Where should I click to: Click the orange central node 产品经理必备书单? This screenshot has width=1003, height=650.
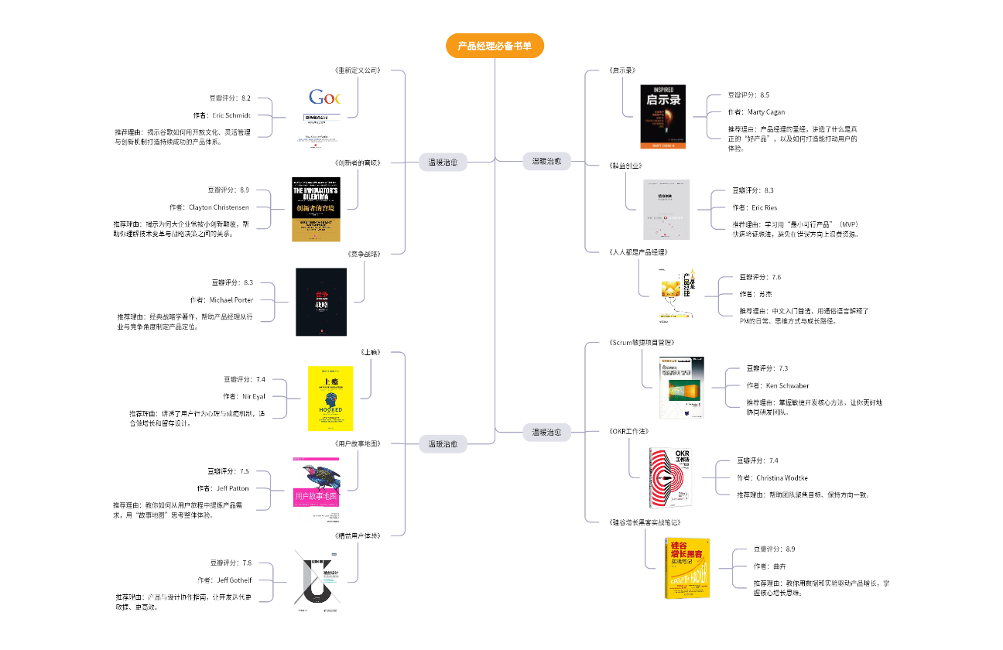point(495,46)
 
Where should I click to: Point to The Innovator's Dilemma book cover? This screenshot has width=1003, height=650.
point(316,209)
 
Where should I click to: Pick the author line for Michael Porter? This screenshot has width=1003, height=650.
point(221,299)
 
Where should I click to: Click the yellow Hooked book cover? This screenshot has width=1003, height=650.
point(330,399)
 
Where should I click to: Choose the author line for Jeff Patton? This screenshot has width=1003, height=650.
point(222,488)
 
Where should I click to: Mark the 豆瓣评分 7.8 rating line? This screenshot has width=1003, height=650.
point(231,563)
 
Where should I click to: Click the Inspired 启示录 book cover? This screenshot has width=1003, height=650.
point(663,116)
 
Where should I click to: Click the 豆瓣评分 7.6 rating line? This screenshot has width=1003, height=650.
point(760,277)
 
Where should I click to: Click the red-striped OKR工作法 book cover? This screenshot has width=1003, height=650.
point(670,477)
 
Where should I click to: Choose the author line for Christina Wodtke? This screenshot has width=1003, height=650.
point(772,477)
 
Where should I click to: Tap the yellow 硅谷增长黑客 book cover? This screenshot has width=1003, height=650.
point(687,568)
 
